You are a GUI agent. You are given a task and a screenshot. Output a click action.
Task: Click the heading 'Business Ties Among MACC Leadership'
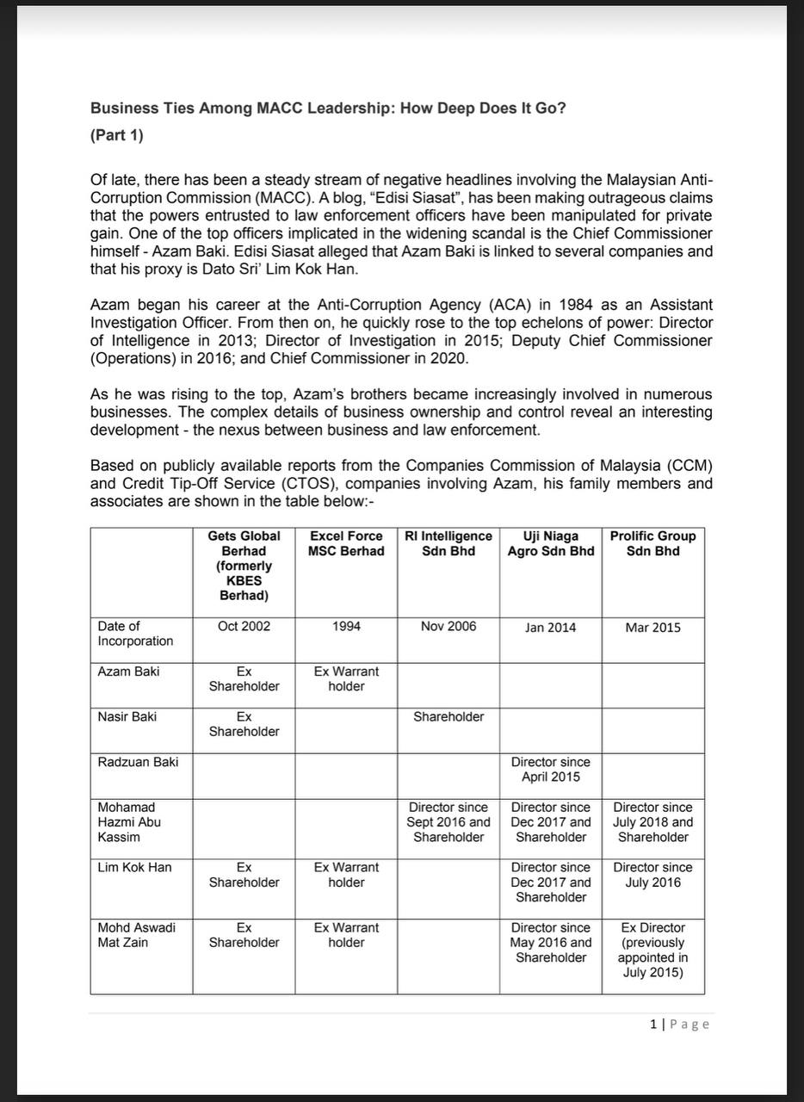click(328, 108)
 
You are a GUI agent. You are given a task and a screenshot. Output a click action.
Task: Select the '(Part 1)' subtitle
click(117, 135)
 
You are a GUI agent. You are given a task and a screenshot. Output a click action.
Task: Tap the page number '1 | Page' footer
click(680, 1024)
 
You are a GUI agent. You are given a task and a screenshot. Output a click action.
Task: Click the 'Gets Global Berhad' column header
click(244, 566)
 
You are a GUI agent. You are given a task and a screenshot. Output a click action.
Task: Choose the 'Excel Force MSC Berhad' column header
click(346, 543)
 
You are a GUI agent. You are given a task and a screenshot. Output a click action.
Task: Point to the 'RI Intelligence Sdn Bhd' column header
click(448, 543)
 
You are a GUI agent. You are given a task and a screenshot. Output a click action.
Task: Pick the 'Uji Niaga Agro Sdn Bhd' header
click(551, 543)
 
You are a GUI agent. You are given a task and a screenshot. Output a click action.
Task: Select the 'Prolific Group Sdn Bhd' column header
click(652, 543)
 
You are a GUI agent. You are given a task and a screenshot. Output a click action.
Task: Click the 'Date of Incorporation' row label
click(135, 634)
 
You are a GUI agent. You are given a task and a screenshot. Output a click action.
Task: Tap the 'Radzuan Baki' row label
click(138, 762)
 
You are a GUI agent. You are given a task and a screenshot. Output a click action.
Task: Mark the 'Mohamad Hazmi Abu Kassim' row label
click(129, 822)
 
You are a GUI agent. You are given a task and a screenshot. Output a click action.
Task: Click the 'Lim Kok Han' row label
click(134, 867)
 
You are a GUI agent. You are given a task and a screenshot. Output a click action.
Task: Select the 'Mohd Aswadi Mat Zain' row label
click(136, 935)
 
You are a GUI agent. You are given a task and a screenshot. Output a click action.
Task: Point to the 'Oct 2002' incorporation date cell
click(244, 627)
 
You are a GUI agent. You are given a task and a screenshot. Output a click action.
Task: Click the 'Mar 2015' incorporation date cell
click(652, 628)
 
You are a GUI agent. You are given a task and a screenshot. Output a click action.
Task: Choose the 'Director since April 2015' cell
click(551, 770)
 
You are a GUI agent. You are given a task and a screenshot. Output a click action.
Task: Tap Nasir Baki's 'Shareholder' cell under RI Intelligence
click(448, 716)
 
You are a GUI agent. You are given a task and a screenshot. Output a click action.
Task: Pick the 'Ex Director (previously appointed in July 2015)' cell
click(652, 950)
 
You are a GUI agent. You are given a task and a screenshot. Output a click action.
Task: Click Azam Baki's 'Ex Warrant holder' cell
click(346, 678)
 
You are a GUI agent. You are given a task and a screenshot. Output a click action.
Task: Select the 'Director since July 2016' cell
click(652, 875)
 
